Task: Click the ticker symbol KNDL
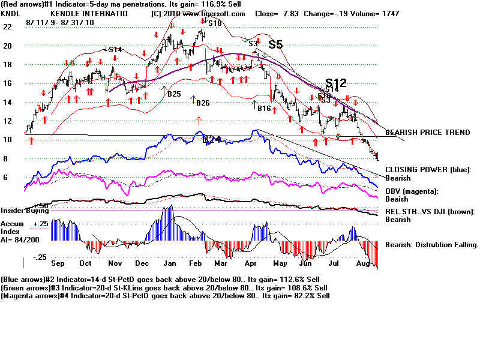[11, 13]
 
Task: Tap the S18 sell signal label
[215, 23]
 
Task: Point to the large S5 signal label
[275, 44]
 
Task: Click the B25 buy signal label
[174, 94]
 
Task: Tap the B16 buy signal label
[264, 109]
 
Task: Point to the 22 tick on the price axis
[7, 27]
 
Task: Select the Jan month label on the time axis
[170, 263]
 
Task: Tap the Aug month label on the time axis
[363, 263]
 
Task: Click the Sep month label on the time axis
[58, 263]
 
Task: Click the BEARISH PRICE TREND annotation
[427, 132]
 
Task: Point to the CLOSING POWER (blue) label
[427, 170]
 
